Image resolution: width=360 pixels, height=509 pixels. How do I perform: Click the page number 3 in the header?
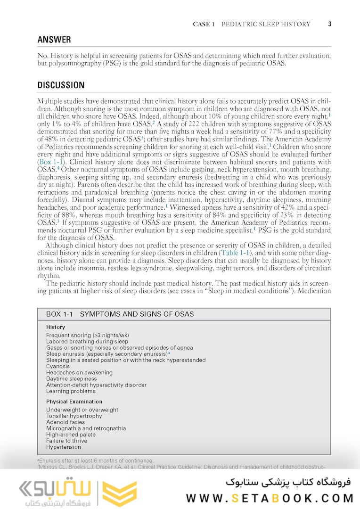pos(330,24)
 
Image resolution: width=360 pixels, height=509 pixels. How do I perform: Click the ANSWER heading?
pos(54,40)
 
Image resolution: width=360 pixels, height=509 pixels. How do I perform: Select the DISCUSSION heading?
pos(61,85)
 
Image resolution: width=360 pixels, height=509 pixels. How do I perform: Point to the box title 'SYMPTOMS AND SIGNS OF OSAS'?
pos(137,314)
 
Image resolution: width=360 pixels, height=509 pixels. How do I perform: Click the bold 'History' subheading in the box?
pos(56,327)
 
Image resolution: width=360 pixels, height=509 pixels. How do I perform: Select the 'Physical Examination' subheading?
pos(74,402)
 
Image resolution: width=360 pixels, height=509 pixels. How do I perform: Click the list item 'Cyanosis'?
pos(58,366)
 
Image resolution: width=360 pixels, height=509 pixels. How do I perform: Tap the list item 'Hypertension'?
pos(64,447)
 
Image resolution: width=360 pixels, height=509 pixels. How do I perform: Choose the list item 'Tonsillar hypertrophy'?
pos(74,416)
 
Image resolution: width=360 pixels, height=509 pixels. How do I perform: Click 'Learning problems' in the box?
pos(71,391)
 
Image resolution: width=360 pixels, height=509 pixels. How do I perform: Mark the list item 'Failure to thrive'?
pos(68,441)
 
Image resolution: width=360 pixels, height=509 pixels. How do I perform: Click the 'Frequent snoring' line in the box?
pos(87,335)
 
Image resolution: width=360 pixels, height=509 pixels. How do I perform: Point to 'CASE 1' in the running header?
pos(204,24)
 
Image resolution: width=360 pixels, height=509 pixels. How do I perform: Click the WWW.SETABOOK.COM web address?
pos(270,498)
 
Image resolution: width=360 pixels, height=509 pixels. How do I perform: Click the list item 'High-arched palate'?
pos(71,435)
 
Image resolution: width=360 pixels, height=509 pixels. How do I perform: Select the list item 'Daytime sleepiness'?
pos(71,378)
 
